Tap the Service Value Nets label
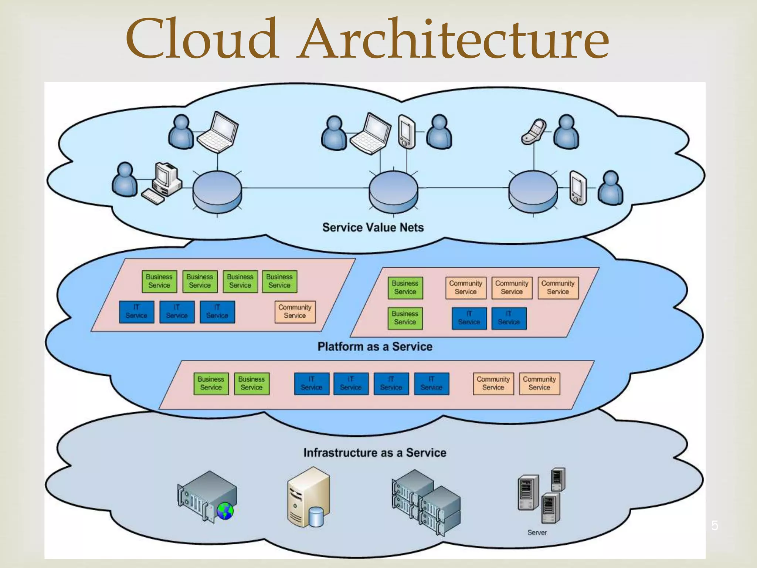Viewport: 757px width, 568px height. point(373,227)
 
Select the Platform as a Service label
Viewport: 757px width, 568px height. point(375,346)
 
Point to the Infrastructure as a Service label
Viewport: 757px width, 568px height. point(375,453)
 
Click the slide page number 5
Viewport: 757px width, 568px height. point(714,525)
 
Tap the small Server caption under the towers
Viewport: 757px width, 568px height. point(537,532)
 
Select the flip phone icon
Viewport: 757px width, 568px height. point(533,131)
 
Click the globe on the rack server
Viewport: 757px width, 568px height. point(225,511)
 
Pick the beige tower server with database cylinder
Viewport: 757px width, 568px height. point(308,497)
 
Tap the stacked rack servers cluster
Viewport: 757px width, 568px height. point(426,501)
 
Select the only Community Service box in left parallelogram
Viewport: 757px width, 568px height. point(295,312)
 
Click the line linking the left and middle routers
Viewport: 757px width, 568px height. point(305,188)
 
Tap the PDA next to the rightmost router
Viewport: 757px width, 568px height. point(578,187)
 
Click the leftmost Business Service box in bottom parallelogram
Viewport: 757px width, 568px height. point(211,383)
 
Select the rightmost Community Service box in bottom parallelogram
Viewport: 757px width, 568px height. point(539,383)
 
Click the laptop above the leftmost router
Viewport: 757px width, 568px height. point(218,132)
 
